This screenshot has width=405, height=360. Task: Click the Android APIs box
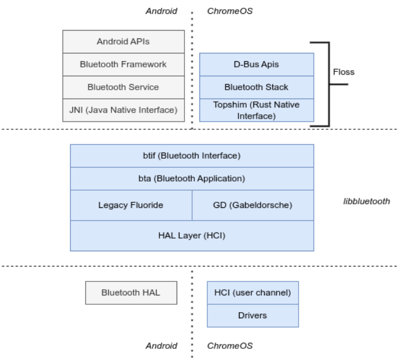coord(123,41)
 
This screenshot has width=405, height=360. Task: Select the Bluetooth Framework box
coord(123,64)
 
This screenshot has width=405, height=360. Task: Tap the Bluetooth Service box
coord(123,87)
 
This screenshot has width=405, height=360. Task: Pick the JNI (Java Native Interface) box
coord(123,110)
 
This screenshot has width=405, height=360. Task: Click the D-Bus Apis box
coord(256,65)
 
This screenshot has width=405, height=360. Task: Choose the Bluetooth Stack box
coord(256,87)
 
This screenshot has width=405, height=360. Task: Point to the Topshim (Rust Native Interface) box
coord(256,110)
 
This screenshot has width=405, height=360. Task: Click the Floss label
coord(343,72)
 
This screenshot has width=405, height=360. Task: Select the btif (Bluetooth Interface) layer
coord(192,155)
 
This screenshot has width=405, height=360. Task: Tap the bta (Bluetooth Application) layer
coord(192,179)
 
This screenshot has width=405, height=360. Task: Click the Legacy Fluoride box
coord(131,205)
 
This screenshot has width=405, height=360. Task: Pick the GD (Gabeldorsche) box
coord(252,205)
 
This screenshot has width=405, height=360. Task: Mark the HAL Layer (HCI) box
coord(192,236)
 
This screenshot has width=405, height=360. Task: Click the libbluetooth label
coord(367,201)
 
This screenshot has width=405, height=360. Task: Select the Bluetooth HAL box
coord(130,293)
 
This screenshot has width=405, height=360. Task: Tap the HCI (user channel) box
coord(252,293)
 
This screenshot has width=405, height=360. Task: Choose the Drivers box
coord(252,315)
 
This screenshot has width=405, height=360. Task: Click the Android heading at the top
coord(161,11)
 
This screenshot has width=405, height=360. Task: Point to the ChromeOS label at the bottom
coord(230,346)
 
